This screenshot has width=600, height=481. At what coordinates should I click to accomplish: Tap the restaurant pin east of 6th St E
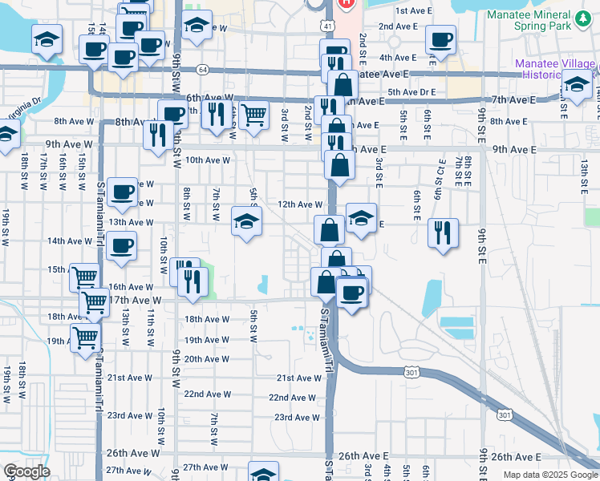(443, 233)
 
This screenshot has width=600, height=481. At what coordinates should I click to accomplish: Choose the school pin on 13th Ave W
(246, 222)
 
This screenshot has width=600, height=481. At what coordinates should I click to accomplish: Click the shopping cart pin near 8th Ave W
(253, 115)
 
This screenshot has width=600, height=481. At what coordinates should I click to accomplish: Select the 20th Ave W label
(207, 359)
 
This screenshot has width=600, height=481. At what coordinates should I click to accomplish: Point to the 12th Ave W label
(299, 204)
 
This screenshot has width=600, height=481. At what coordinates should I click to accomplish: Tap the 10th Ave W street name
(208, 160)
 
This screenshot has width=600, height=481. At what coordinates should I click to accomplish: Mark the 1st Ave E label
(414, 10)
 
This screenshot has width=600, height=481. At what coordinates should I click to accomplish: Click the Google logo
(26, 471)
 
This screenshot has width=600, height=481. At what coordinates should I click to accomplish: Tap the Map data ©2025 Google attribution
(549, 475)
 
